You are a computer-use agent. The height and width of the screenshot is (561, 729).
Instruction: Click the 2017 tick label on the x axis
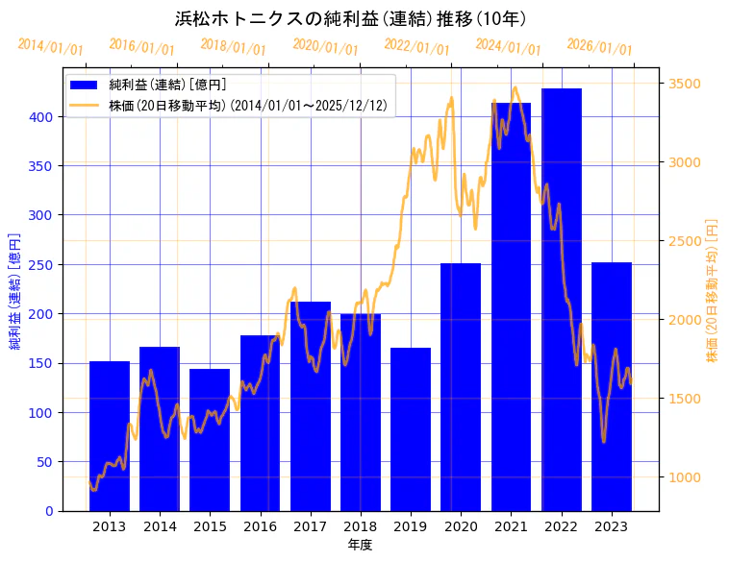point(310,526)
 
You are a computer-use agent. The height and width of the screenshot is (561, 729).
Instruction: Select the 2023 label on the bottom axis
point(611,526)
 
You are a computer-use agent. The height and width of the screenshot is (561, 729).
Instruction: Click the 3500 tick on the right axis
point(684,84)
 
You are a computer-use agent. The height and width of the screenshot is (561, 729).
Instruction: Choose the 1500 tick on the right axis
point(684,399)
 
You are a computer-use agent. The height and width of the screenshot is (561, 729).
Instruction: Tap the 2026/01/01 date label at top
point(599,46)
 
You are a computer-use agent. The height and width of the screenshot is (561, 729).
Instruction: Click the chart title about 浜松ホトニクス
point(350,18)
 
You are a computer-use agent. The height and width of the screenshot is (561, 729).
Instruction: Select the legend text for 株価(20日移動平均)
point(249,106)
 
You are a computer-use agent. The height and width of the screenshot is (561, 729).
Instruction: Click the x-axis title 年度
point(361,545)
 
